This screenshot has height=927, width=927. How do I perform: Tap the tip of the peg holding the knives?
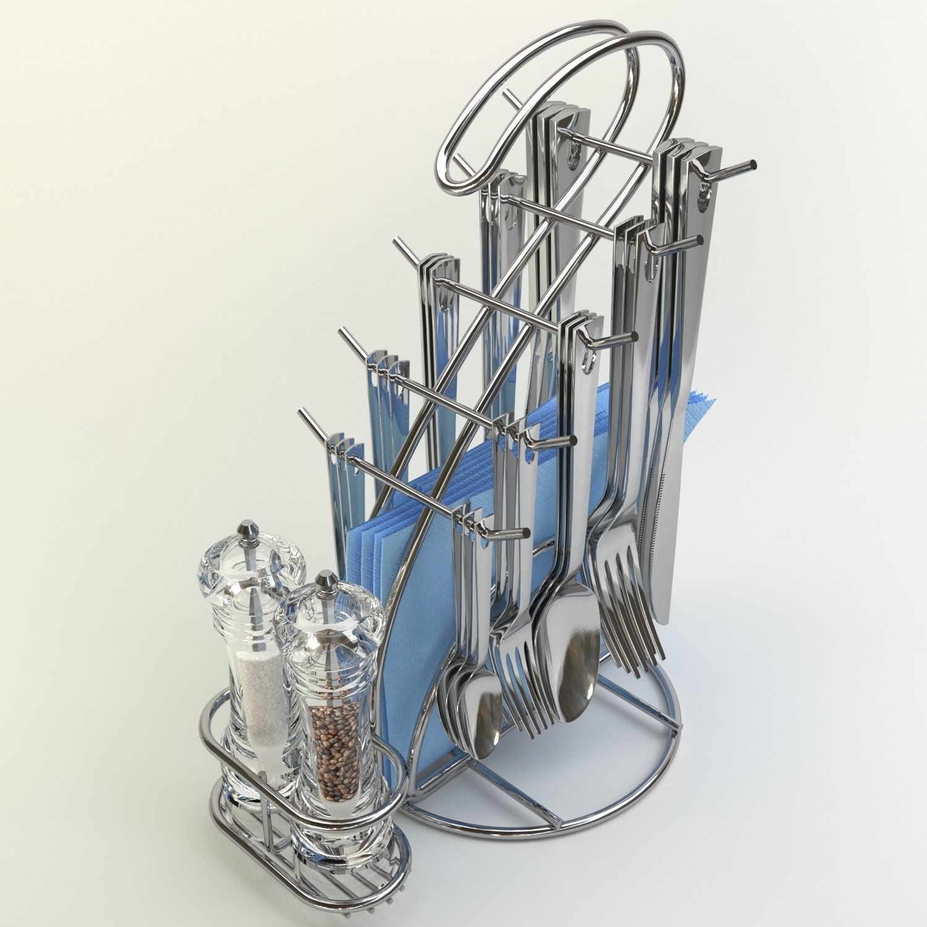tap(753, 165)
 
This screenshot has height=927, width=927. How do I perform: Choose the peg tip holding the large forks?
tap(700, 239)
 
